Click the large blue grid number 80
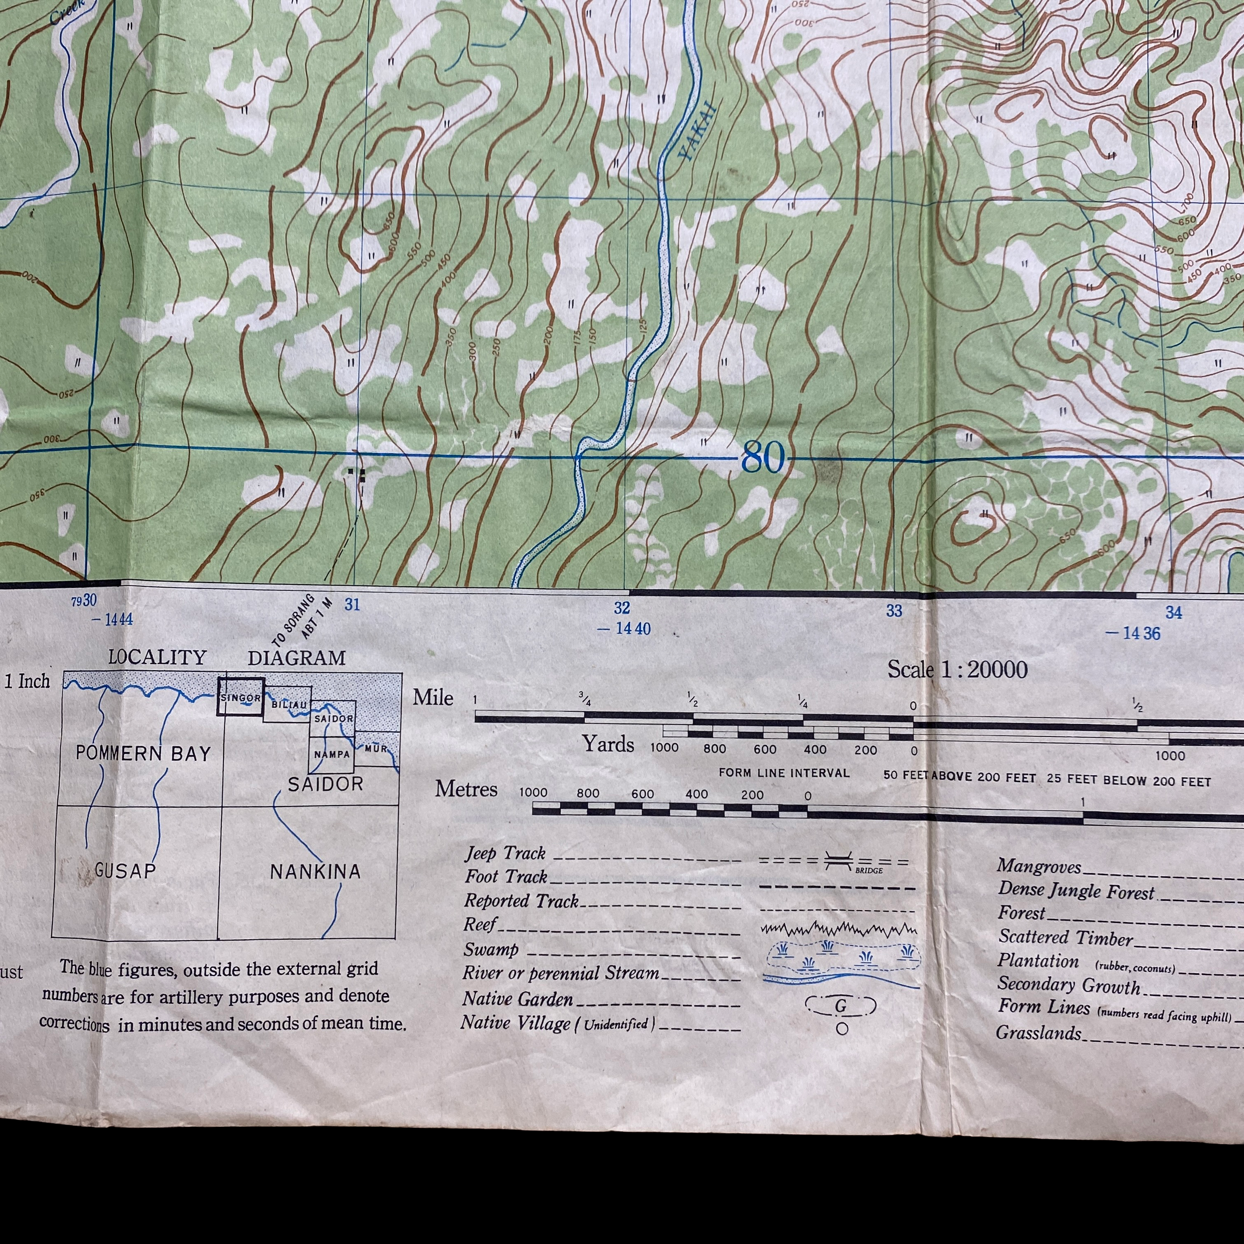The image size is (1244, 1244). click(x=763, y=458)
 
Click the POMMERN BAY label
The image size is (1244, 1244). click(x=143, y=753)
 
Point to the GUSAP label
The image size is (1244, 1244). click(x=125, y=871)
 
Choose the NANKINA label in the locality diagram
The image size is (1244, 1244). click(x=315, y=872)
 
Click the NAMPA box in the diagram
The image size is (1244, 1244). click(x=332, y=755)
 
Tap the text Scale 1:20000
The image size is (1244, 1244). click(x=957, y=670)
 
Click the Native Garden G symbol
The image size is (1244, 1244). click(x=841, y=1005)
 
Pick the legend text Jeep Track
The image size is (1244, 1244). click(x=505, y=854)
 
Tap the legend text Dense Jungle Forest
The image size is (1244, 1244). click(x=1076, y=890)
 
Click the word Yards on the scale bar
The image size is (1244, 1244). click(x=608, y=744)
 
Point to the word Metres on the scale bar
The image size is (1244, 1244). click(x=466, y=789)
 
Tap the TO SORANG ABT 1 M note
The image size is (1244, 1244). click(x=302, y=619)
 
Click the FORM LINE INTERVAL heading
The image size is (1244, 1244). click(x=784, y=773)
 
